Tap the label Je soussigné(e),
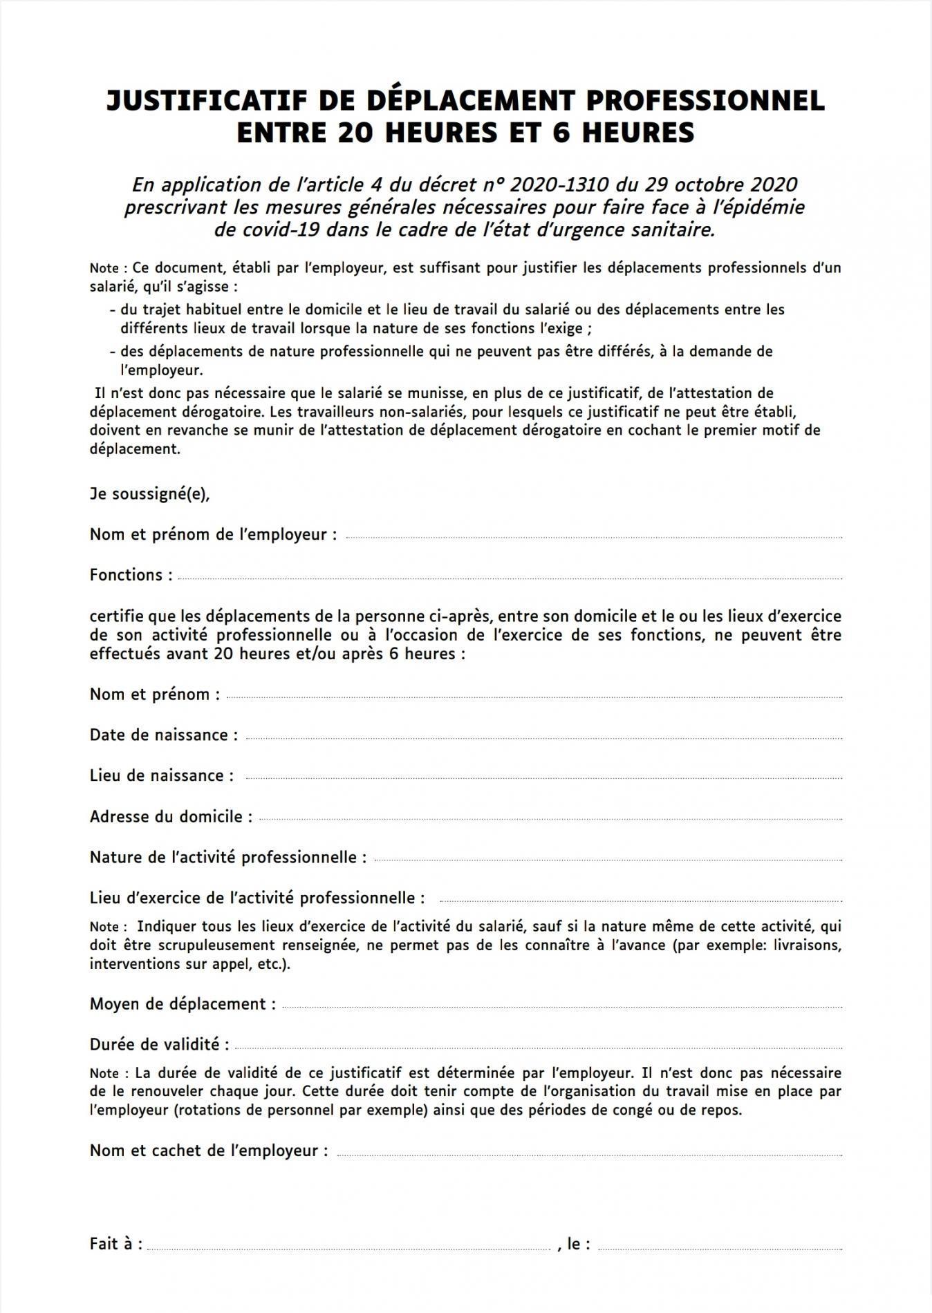149,494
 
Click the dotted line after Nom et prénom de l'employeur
593,537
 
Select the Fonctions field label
131,575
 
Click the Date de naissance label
163,735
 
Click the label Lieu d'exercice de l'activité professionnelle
257,898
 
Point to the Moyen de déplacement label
182,1004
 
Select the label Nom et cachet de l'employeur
208,1151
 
